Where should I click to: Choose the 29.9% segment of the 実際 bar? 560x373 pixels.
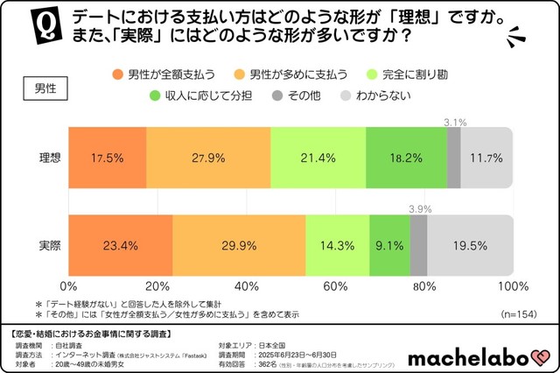239,246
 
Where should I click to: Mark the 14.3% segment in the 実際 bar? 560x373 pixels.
338,246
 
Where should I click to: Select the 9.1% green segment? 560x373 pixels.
390,246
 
